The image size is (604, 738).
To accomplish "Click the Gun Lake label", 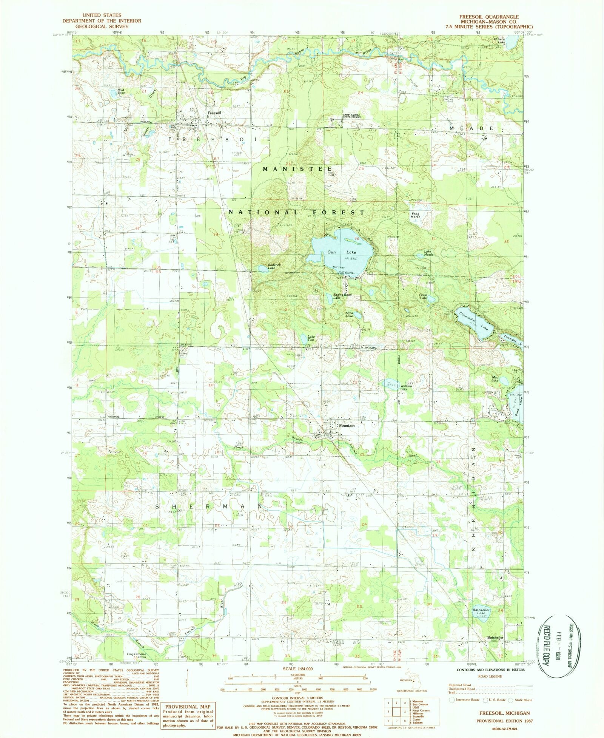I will [341, 252].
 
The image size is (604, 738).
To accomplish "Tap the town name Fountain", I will [347, 426].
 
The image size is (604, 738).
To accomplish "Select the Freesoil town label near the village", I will [214, 113].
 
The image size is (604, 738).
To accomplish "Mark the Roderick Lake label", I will [274, 266].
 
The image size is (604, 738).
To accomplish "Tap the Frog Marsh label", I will [415, 215].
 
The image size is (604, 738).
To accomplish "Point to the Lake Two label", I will [311, 338].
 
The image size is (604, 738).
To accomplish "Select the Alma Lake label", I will [349, 314].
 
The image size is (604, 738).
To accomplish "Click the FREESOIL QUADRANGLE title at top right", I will [488, 17].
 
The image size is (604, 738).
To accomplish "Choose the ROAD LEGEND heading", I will [490, 676].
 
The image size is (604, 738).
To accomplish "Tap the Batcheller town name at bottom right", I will [495, 638].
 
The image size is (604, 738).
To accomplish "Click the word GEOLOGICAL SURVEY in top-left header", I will [102, 26].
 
